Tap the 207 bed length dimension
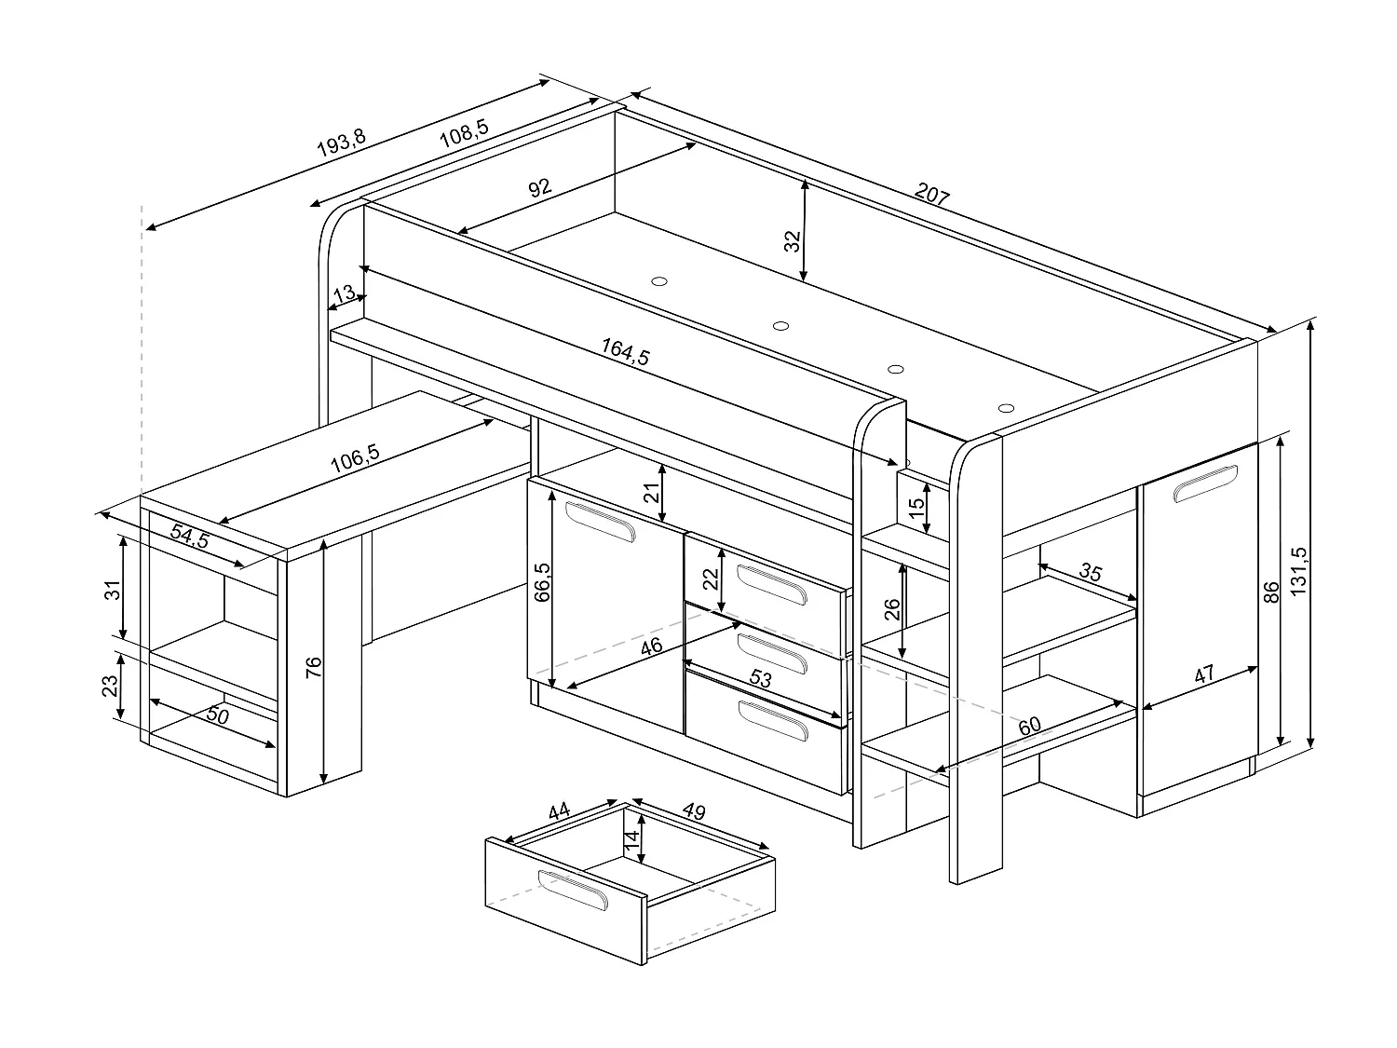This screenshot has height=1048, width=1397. pos(931,196)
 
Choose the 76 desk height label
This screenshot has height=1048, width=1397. pos(314,665)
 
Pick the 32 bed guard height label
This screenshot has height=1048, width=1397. pos(793,240)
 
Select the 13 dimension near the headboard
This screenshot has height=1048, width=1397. pos(345,294)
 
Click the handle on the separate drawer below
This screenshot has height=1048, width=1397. pos(573,889)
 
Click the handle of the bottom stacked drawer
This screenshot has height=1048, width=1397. pos(772,721)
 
